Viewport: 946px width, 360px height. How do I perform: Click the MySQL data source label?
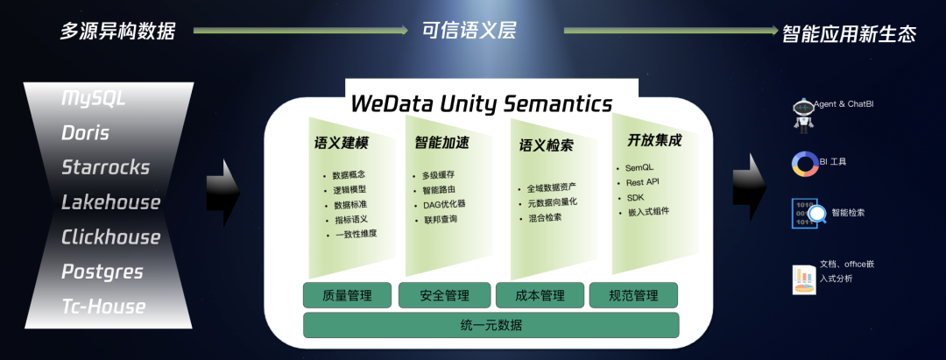point(94,97)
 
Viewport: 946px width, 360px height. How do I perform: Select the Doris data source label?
point(86,132)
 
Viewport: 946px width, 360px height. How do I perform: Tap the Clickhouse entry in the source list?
point(110,237)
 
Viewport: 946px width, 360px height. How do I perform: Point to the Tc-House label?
point(103,307)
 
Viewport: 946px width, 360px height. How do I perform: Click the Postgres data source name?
point(102,272)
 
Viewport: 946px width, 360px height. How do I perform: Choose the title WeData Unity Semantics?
point(481,103)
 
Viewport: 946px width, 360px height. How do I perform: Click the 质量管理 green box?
point(347,296)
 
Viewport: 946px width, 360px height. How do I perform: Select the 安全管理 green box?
point(444,296)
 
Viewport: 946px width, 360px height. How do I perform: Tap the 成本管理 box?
point(540,296)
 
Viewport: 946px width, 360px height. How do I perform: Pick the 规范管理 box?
point(633,296)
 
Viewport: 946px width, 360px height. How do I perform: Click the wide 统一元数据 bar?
point(491,326)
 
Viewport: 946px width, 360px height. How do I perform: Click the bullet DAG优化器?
point(443,204)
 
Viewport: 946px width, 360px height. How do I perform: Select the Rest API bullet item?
point(642,182)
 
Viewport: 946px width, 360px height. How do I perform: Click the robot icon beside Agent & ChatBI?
point(802,114)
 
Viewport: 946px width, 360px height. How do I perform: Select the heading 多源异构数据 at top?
point(117,32)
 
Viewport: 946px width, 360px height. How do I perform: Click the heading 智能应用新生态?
point(849,33)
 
